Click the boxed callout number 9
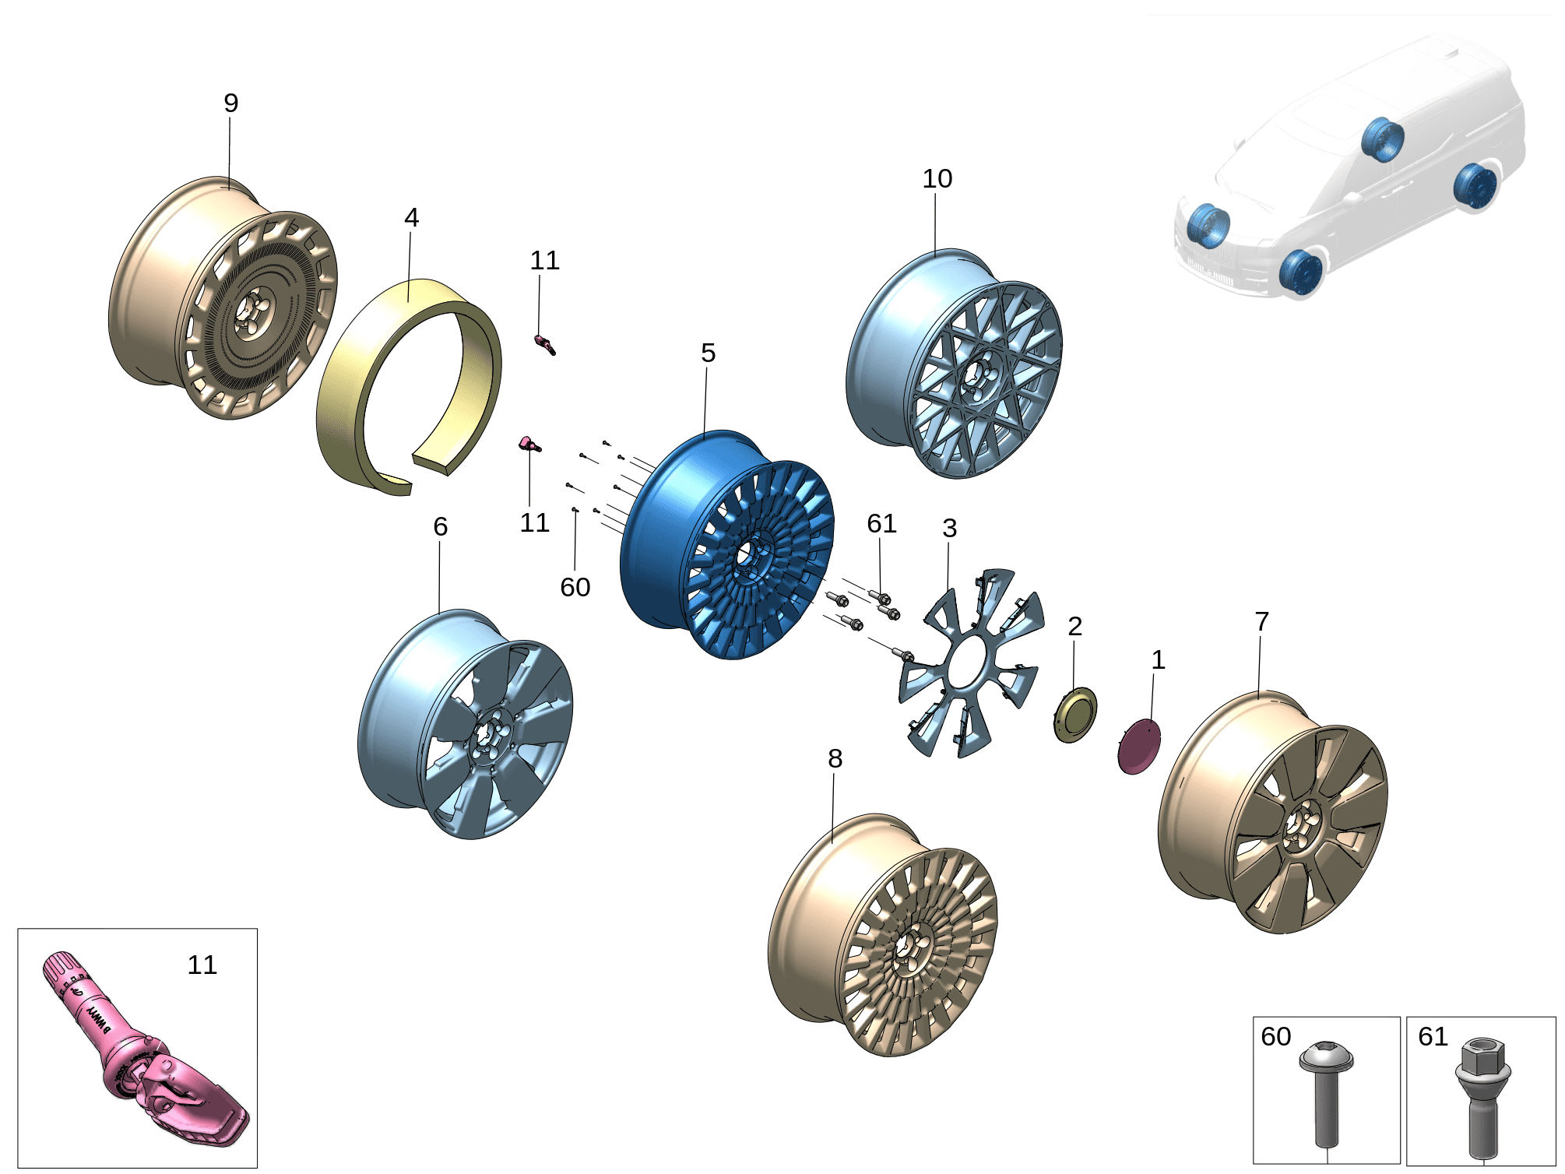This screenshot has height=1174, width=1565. tap(230, 103)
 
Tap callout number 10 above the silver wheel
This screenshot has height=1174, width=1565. tap(937, 178)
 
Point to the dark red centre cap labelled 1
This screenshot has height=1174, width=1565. tap(1139, 747)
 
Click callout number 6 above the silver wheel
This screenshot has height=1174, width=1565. tap(440, 527)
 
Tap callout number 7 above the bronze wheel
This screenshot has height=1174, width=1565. tap(1262, 622)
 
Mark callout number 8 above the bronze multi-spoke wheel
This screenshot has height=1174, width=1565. tap(835, 759)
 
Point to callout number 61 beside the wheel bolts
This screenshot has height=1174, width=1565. tap(881, 524)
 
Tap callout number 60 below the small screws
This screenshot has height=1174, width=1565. tap(575, 588)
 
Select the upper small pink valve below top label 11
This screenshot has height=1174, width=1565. tap(544, 343)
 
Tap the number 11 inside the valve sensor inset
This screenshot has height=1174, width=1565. tap(202, 965)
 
